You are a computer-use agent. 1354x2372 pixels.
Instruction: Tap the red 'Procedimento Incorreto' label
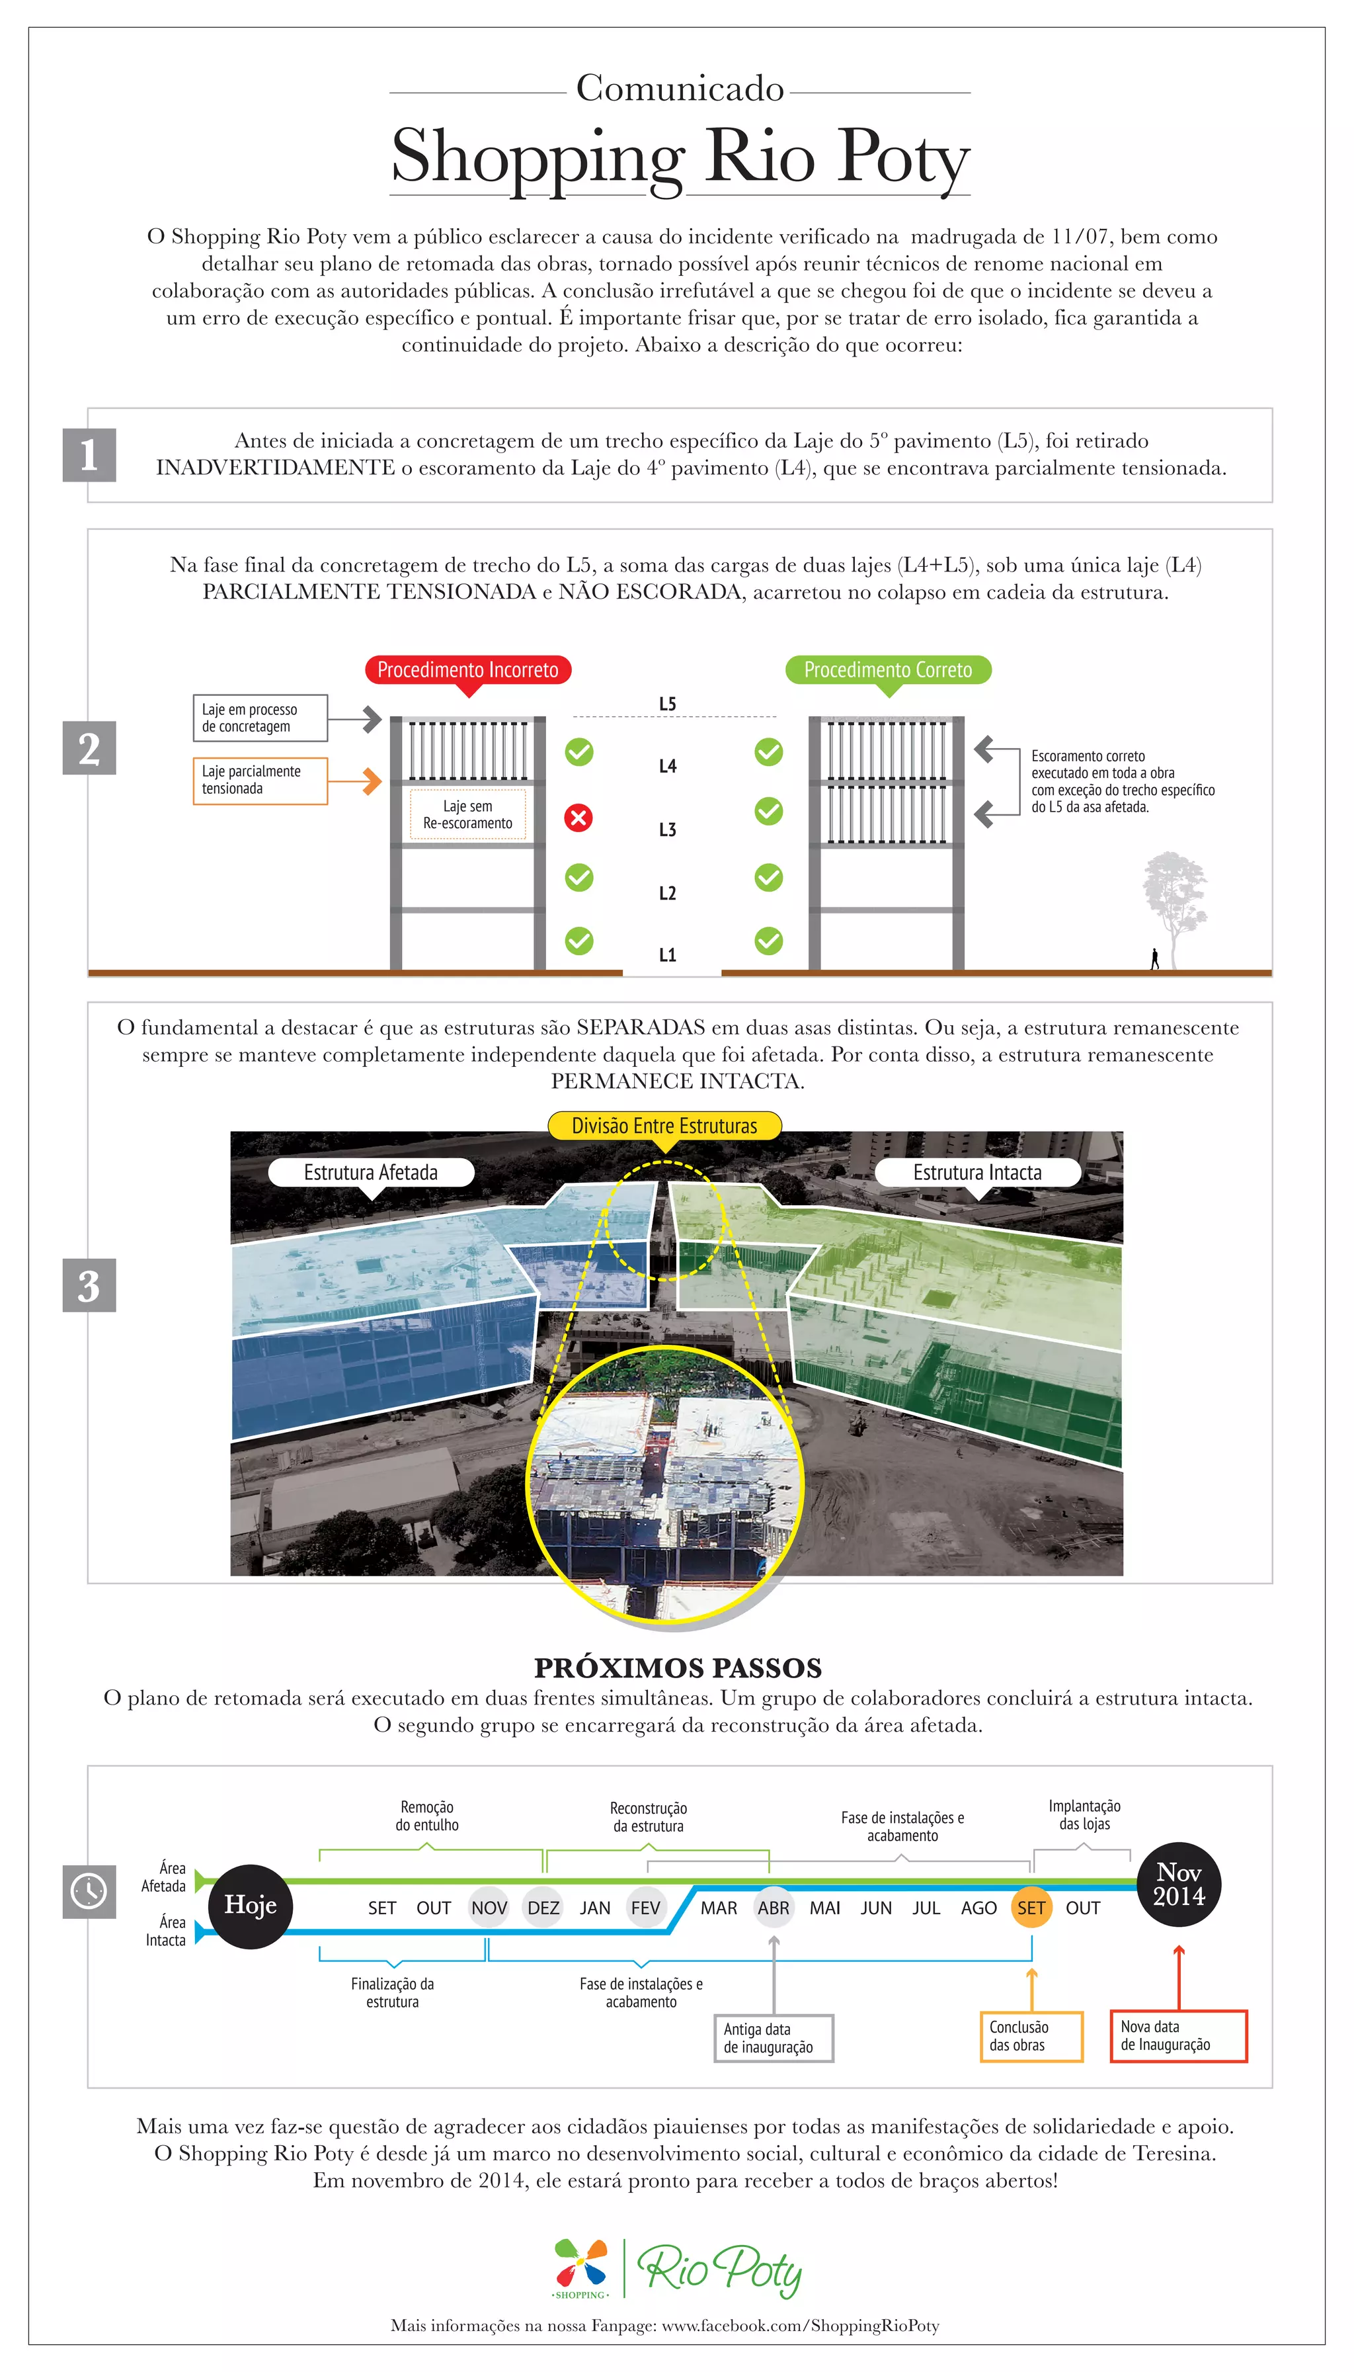[468, 670]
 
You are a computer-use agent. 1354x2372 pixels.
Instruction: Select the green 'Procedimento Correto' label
[888, 670]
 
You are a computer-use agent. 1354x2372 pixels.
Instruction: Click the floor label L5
[668, 704]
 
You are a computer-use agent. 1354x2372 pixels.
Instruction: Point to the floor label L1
[668, 954]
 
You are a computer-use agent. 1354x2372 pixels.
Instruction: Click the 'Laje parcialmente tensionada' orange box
[259, 779]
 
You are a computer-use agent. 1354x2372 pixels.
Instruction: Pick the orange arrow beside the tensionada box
[369, 781]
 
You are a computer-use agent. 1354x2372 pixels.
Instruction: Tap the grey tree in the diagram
[1175, 898]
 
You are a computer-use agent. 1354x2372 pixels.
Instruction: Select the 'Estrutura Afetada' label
[371, 1172]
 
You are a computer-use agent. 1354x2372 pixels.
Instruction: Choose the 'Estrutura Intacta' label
[977, 1172]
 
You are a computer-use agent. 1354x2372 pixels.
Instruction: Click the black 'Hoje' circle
[250, 1906]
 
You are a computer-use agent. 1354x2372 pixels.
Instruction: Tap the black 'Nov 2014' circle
[1179, 1884]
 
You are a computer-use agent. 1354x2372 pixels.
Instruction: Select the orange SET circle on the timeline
[1031, 1908]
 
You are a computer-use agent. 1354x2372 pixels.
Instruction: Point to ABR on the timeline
[773, 1908]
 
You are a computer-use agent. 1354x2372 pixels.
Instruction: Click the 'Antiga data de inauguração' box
[773, 2038]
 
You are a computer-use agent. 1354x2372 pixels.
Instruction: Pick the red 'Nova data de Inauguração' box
[1178, 2035]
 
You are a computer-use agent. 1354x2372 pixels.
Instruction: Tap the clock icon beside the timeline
[89, 1891]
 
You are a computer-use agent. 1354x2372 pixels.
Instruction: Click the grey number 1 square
[89, 455]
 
